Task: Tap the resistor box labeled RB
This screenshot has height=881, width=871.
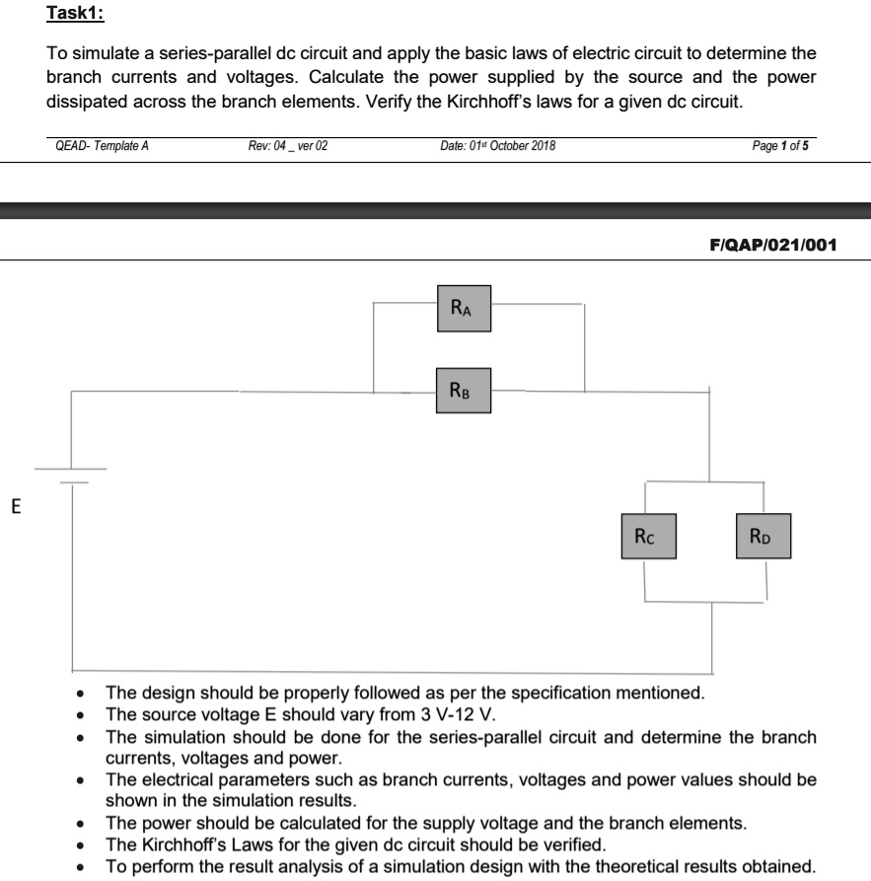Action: coord(464,391)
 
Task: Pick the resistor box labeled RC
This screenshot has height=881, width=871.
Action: coord(648,537)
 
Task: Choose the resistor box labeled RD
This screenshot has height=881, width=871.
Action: coord(762,537)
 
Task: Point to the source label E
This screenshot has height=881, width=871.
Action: coord(15,508)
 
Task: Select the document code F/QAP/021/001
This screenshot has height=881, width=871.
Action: coord(773,245)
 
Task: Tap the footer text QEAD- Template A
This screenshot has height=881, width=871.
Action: coord(103,146)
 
